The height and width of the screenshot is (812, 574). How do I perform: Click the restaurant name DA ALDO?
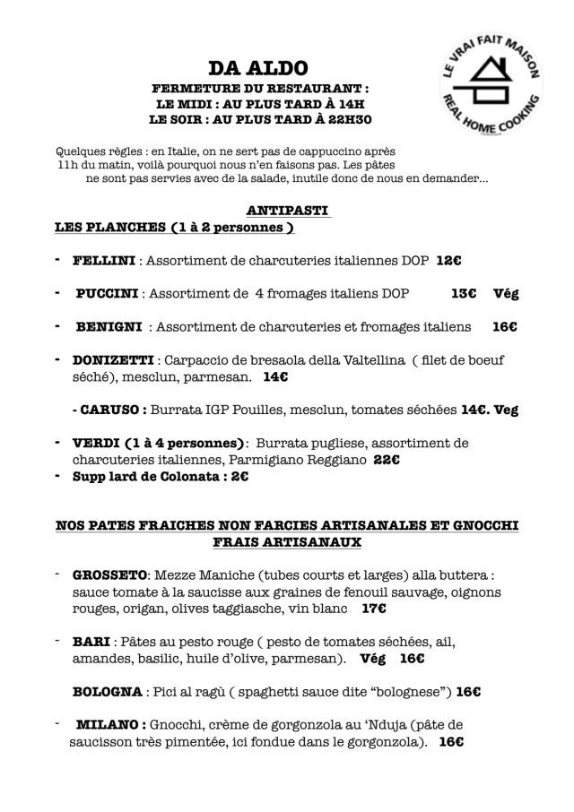coord(258,69)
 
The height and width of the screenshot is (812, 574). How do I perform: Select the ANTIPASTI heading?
coord(288,211)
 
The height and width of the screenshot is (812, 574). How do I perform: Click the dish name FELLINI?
coord(103,261)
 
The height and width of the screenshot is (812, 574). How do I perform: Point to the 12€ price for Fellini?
coord(448,261)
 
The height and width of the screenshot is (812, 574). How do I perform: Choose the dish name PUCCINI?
coord(107,293)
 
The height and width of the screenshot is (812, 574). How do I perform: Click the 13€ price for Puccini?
coord(463,293)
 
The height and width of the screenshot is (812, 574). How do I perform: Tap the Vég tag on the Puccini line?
coord(506,293)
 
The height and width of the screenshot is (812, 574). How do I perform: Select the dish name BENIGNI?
coord(109,327)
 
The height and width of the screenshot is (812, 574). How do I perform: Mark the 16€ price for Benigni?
coord(504,327)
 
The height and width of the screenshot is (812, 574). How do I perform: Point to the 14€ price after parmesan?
coord(275,377)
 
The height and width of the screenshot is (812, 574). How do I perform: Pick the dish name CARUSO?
coord(114,410)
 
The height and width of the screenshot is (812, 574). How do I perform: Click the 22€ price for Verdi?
coord(387,460)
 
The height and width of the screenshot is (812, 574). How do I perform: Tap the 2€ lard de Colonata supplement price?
coord(239,477)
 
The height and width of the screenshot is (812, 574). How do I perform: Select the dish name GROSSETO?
coord(109,575)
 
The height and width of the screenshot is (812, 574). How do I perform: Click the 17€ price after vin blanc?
coord(374,609)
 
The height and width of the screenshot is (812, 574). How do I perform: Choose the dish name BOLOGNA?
coord(107,691)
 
